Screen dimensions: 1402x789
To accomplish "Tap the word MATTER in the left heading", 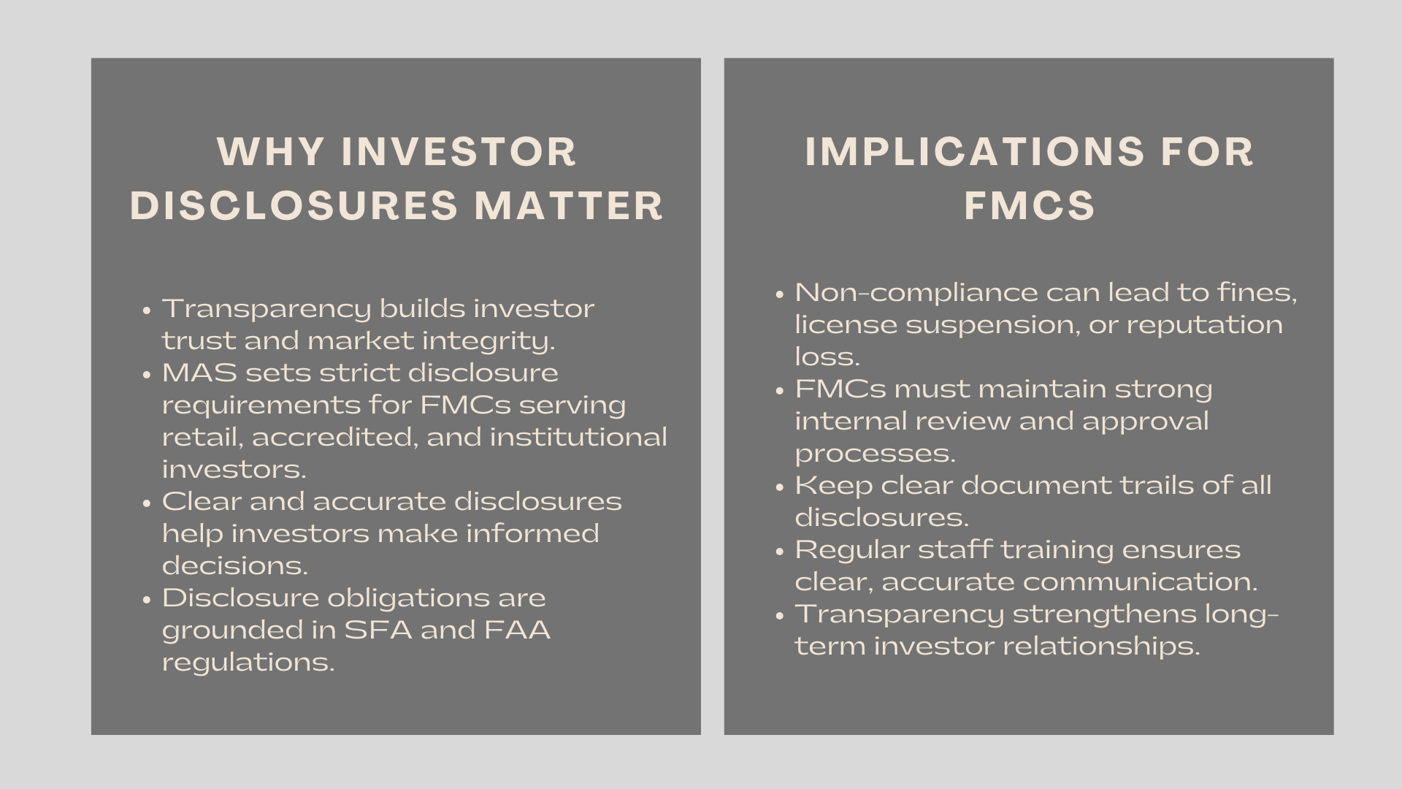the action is (x=569, y=205).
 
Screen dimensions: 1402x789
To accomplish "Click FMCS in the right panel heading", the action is (x=1030, y=205).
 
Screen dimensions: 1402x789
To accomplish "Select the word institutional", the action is (x=578, y=437).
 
